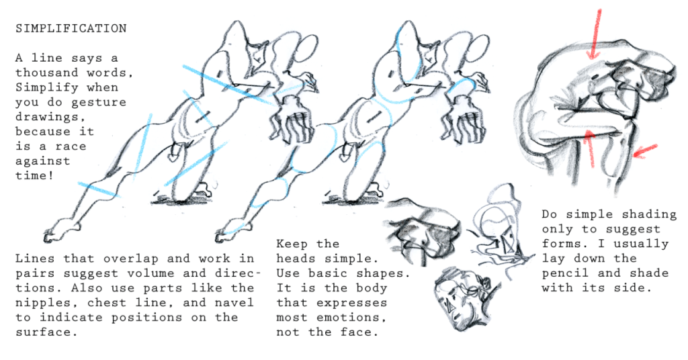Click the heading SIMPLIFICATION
click(x=71, y=28)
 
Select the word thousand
click(x=47, y=73)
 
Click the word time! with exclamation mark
click(x=35, y=175)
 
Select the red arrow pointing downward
click(x=595, y=34)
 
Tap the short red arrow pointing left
click(x=645, y=150)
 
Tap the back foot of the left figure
click(x=61, y=230)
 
